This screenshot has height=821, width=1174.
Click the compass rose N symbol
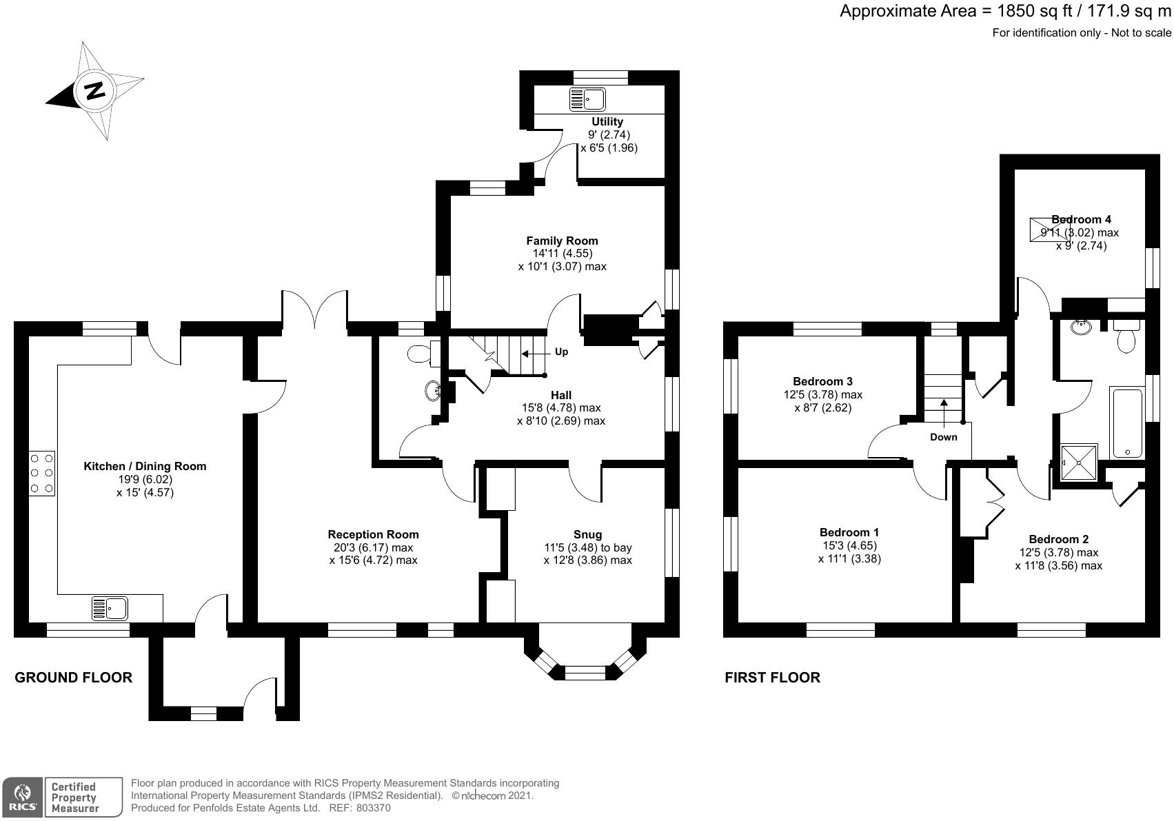click(94, 90)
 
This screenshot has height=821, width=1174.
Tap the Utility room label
click(607, 122)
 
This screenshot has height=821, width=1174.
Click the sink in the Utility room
click(587, 100)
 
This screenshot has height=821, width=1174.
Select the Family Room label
click(562, 241)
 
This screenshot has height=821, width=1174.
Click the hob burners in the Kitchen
click(42, 473)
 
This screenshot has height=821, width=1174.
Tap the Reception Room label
click(373, 534)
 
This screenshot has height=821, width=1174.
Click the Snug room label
click(587, 534)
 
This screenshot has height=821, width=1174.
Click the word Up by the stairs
click(561, 352)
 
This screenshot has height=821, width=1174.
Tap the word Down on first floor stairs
click(943, 437)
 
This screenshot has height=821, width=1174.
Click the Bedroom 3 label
click(822, 381)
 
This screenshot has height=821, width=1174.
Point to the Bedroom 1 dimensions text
click(849, 552)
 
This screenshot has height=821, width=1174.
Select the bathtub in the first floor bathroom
click(1126, 423)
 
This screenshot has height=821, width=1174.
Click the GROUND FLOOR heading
click(73, 678)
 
